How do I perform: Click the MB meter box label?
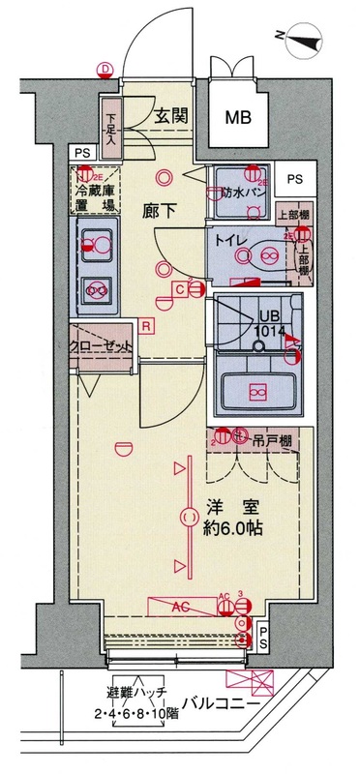238,118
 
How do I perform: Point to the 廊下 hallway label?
159,211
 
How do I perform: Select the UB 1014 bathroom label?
268,323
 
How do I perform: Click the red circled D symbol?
105,68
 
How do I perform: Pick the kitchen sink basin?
95,241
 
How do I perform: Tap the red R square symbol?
145,325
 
